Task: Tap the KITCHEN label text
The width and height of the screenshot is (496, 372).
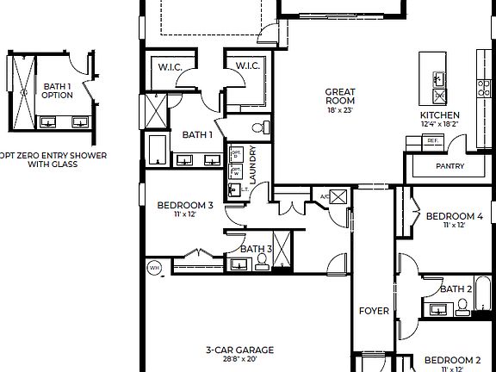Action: click(439, 115)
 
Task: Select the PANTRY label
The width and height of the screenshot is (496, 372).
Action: click(449, 166)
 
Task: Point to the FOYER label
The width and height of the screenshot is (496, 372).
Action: click(374, 311)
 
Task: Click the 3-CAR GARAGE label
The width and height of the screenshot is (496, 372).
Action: click(239, 350)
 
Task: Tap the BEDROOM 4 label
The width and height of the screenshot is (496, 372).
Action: click(454, 215)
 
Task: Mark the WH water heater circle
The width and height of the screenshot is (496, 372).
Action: click(155, 267)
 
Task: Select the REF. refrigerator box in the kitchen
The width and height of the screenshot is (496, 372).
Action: click(432, 139)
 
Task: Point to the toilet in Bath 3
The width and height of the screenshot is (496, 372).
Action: click(262, 263)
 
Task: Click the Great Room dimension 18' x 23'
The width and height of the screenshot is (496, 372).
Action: click(340, 110)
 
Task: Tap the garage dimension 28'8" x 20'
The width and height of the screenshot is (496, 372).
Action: click(239, 360)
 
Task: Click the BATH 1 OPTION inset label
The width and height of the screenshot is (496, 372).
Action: click(57, 90)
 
